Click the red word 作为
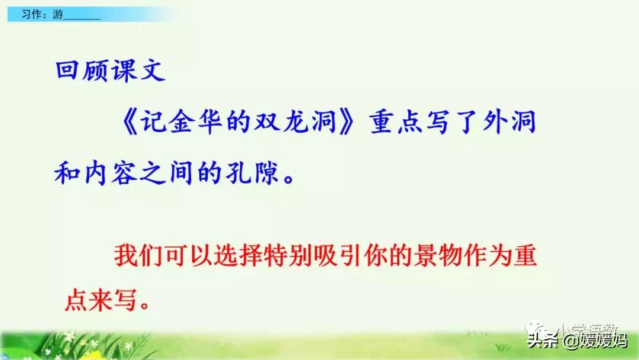(x=489, y=258)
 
